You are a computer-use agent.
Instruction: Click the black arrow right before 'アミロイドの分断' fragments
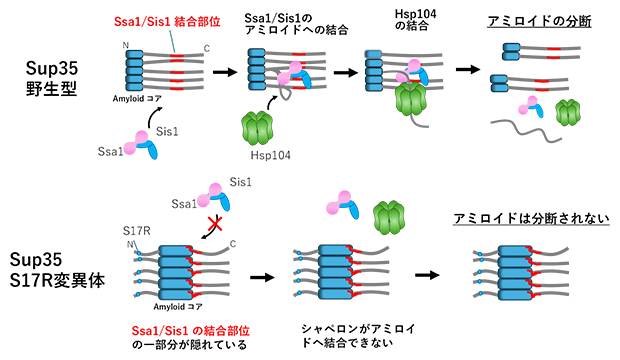click(468, 71)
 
